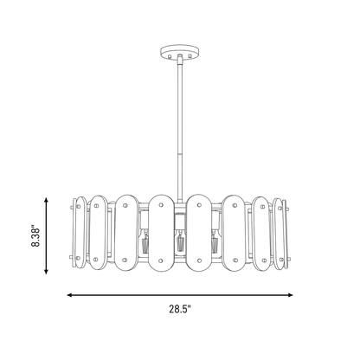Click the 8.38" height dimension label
tap(35, 235)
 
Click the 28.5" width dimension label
tap(180, 309)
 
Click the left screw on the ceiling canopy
tap(170, 55)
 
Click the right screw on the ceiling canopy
tap(190, 55)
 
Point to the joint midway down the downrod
tap(180, 155)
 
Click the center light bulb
tap(181, 241)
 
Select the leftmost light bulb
tap(145, 241)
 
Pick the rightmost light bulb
tap(215, 241)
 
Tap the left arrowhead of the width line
tap(69, 295)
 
